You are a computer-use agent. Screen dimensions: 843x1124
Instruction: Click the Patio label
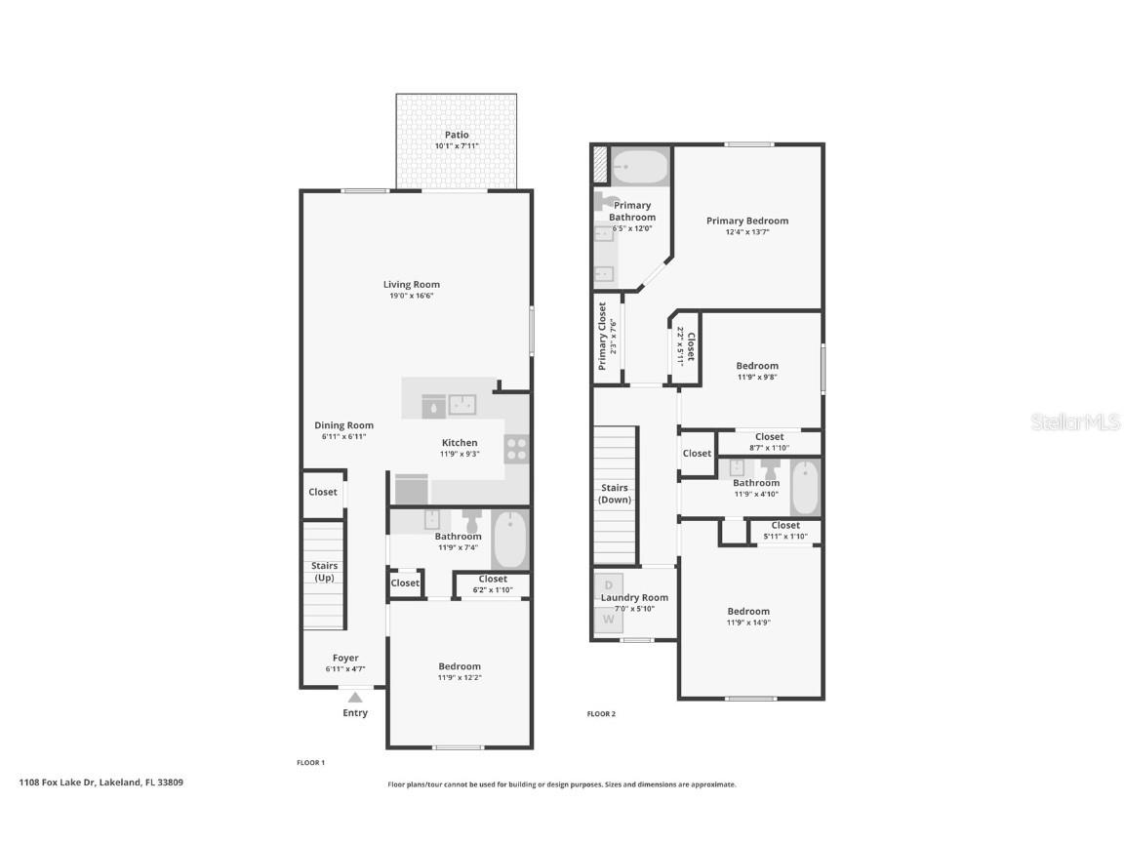[x=457, y=135]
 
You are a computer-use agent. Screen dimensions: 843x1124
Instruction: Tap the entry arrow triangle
[x=355, y=697]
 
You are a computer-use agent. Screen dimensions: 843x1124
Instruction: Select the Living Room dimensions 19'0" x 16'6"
[x=411, y=296]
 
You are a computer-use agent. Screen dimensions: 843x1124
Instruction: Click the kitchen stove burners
[x=516, y=450]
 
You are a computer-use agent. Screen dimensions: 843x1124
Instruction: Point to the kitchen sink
[x=462, y=403]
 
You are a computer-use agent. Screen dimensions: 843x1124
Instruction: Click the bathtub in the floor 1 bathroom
[x=510, y=541]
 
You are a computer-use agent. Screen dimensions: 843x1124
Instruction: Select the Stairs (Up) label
[x=324, y=572]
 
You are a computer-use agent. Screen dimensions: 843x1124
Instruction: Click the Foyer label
[x=345, y=658]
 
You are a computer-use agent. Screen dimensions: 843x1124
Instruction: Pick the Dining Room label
[x=343, y=425]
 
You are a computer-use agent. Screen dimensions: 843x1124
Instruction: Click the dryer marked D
[x=608, y=586]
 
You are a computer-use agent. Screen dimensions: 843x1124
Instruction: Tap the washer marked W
[x=608, y=620]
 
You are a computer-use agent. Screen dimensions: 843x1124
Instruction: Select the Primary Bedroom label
[x=747, y=221]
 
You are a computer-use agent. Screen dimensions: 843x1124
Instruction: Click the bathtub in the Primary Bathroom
[x=639, y=167]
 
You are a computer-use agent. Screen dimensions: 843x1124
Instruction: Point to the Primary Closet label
[x=602, y=336]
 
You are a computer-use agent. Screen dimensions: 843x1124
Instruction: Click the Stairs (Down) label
[x=615, y=494]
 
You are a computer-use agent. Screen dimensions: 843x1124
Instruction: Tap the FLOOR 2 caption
[x=601, y=714]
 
